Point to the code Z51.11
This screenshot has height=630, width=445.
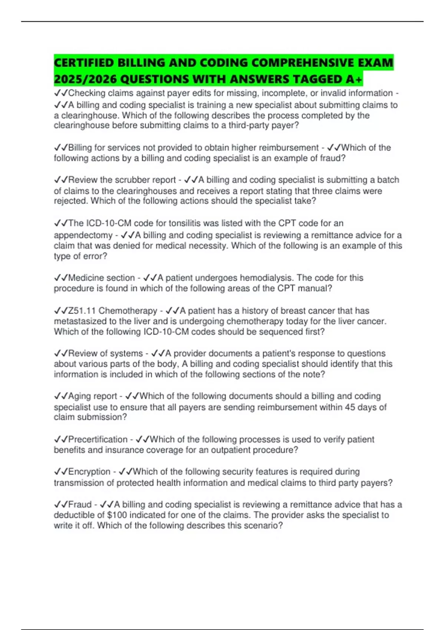pos(82,311)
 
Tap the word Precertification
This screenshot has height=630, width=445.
pos(98,439)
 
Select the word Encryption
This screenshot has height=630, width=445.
pos(89,471)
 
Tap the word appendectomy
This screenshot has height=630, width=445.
pos(83,235)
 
